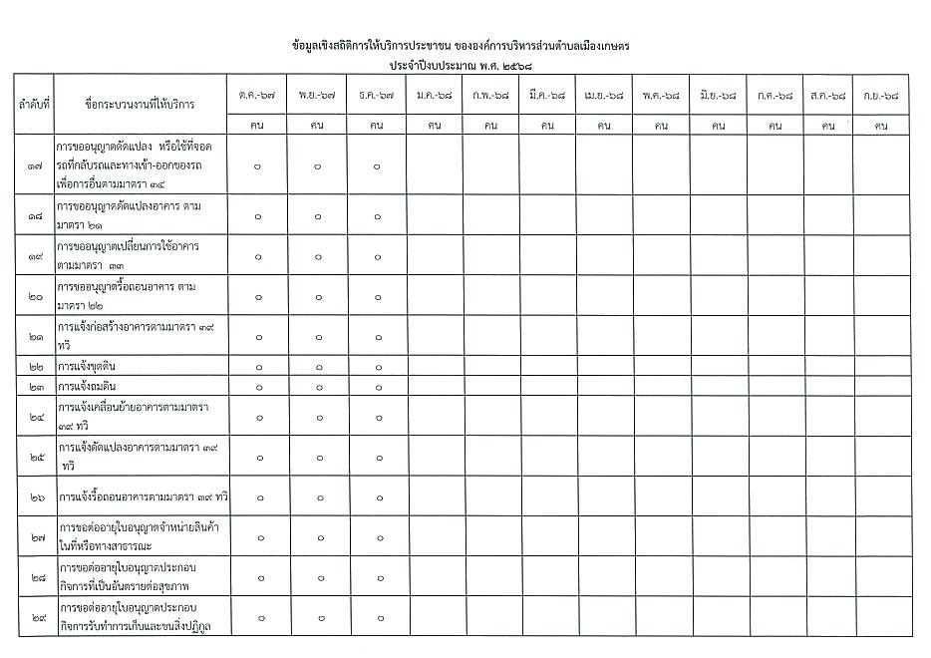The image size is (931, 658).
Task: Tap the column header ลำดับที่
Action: point(34,104)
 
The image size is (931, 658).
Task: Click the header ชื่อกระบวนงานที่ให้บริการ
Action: point(141,104)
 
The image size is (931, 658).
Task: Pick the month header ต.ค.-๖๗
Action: point(257,96)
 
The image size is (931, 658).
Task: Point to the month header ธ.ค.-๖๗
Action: point(377,96)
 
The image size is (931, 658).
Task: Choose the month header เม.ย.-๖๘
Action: point(604,96)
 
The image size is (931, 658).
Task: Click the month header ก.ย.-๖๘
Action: point(881,96)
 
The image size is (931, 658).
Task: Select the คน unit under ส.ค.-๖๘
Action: point(828,126)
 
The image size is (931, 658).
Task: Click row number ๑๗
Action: point(35,164)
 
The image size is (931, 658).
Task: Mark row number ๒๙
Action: point(35,617)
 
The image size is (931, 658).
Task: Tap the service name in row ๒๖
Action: point(144,496)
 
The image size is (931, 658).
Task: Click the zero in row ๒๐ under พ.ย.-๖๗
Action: point(318,296)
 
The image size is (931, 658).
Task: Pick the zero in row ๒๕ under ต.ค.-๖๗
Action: point(257,457)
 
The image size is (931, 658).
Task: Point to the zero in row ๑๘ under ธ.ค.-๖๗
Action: point(378,215)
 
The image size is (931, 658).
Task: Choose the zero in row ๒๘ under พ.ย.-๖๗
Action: point(318,577)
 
